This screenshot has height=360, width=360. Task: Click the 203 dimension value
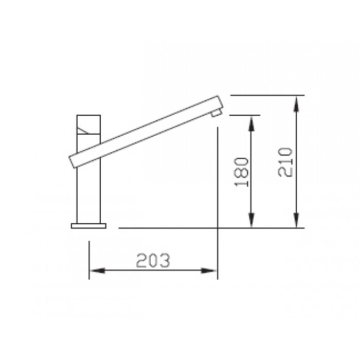click(153, 261)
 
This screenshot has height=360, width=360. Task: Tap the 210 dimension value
click(285, 161)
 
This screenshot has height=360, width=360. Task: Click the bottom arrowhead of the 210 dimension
click(296, 223)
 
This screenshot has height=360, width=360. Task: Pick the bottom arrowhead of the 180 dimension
click(251, 223)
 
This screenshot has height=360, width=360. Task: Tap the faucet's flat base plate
click(89, 225)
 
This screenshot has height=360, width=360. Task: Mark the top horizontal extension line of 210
click(267, 95)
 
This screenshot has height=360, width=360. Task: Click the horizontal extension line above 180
click(244, 115)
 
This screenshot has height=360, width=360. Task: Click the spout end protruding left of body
click(73, 159)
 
